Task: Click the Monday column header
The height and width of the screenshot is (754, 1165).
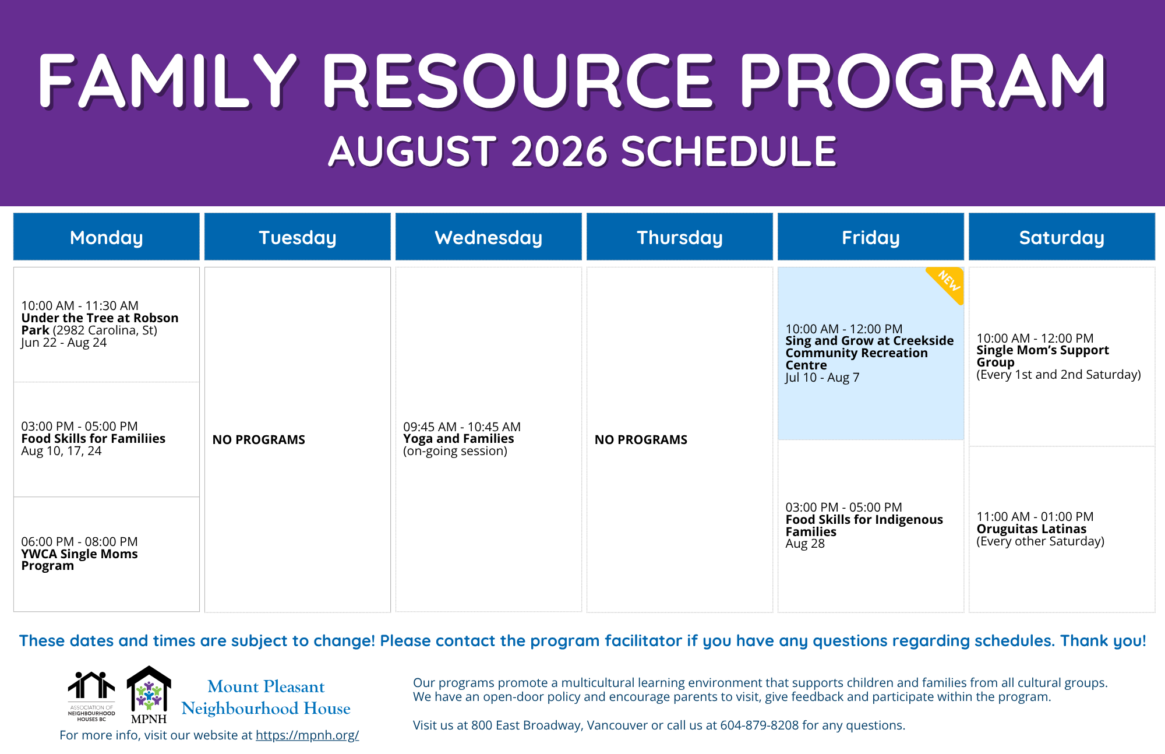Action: [106, 237]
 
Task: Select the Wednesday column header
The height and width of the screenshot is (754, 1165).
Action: [488, 237]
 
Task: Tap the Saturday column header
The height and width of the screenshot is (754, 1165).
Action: [1061, 237]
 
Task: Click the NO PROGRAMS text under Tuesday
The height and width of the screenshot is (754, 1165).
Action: [259, 440]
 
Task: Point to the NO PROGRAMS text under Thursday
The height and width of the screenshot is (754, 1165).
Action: [641, 440]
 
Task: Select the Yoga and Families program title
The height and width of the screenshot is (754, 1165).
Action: [458, 439]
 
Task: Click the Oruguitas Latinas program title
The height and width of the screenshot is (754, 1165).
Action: [1031, 529]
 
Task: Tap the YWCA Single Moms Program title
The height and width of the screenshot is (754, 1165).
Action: [79, 560]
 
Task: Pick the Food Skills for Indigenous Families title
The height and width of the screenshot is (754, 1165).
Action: [864, 526]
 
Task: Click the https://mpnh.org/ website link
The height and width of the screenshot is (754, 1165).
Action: [307, 735]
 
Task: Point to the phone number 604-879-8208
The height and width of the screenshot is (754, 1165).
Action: [760, 725]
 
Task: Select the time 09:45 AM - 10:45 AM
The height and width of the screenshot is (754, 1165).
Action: [462, 427]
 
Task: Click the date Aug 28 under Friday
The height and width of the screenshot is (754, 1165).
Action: [805, 544]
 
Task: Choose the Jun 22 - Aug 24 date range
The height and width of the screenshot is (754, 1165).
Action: [64, 343]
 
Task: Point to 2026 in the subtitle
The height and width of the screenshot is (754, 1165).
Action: [560, 151]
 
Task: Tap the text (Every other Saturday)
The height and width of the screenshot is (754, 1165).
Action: [1040, 541]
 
